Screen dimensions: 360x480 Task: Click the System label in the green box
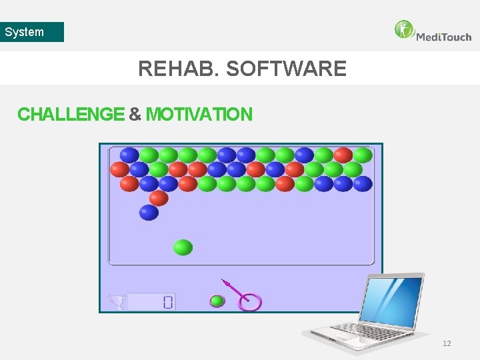(x=25, y=32)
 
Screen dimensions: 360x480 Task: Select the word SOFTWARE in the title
(x=287, y=69)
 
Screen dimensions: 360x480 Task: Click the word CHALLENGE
(x=71, y=115)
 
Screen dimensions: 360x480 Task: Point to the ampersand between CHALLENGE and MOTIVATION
(x=135, y=115)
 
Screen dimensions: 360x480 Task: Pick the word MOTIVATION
(x=199, y=115)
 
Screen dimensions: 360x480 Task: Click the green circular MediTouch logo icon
(x=404, y=30)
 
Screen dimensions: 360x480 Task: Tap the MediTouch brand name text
(x=443, y=37)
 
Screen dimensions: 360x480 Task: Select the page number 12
(x=447, y=343)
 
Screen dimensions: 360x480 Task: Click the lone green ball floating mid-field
(x=183, y=247)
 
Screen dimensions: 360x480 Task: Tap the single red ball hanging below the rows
(x=159, y=198)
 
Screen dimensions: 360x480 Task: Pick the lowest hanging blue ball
(x=149, y=213)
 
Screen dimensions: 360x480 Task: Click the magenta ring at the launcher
(x=251, y=302)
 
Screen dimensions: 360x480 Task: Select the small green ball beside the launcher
(x=217, y=301)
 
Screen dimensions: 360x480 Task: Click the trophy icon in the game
(x=116, y=302)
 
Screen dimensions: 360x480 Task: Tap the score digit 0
(x=167, y=303)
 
